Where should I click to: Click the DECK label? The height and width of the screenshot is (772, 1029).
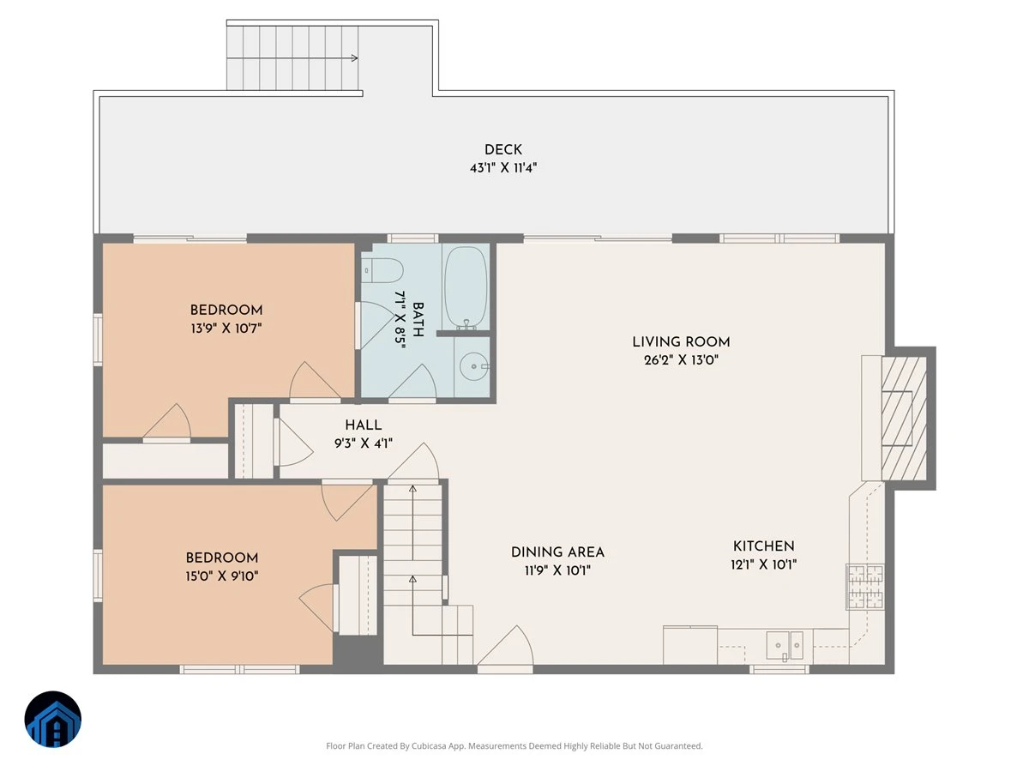[x=503, y=149]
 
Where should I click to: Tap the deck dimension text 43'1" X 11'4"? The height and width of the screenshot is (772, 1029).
[x=503, y=167]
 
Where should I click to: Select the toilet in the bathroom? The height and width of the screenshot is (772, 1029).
[x=382, y=270]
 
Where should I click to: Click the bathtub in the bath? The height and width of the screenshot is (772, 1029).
[x=466, y=286]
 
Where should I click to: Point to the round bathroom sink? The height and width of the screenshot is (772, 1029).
[x=473, y=366]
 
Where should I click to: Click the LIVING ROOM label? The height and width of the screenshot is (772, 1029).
[x=681, y=341]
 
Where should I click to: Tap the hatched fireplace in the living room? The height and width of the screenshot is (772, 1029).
[x=904, y=418]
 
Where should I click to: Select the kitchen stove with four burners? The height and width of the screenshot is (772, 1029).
[x=865, y=587]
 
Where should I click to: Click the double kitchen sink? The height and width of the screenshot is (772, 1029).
[x=785, y=645]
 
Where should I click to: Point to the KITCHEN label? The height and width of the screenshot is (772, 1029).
[x=764, y=546]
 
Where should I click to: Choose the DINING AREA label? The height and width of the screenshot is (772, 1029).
[x=557, y=552]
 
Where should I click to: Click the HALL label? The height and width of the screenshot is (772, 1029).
[x=364, y=425]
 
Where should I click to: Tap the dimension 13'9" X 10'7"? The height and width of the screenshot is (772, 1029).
[x=226, y=329]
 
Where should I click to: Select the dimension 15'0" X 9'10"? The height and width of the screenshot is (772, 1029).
[x=222, y=576]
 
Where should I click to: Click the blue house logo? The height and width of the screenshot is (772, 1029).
[x=53, y=719]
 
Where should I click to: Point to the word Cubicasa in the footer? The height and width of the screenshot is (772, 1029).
[x=429, y=745]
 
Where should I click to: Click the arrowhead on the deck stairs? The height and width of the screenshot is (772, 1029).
[x=355, y=58]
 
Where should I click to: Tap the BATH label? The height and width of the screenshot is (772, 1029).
[x=418, y=319]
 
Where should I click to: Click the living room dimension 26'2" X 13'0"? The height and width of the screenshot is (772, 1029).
[x=681, y=360]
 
